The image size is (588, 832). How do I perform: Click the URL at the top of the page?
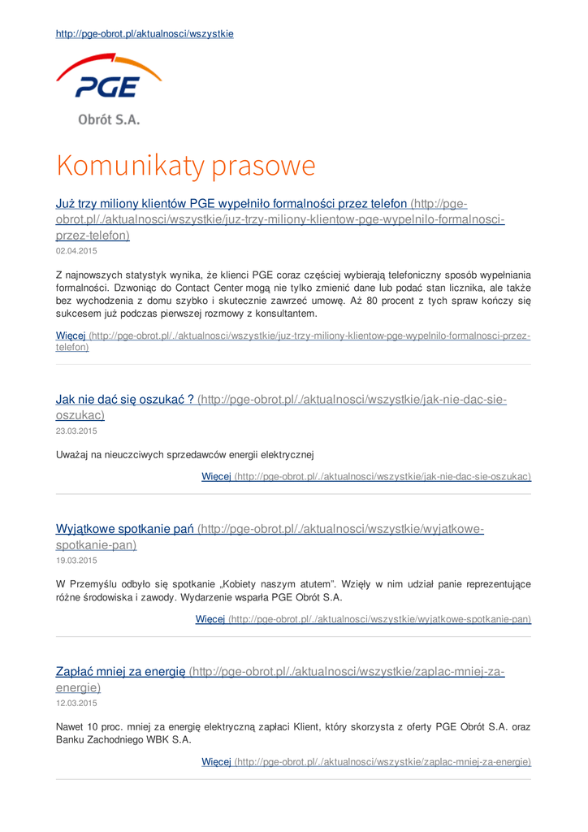click(145, 34)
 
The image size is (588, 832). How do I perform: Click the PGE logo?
click(109, 80)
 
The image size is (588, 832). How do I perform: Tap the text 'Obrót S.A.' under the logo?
click(109, 119)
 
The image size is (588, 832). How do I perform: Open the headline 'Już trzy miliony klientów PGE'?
click(231, 203)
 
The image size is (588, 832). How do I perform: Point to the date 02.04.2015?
click(76, 251)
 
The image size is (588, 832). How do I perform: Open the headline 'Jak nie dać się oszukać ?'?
click(124, 399)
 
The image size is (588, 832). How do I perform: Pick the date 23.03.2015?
click(76, 431)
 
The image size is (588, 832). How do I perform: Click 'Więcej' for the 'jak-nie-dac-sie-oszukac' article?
click(216, 476)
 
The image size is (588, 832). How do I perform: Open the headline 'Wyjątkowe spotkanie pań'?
click(124, 529)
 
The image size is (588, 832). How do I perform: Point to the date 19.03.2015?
click(76, 561)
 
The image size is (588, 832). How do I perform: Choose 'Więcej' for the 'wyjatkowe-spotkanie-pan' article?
click(210, 619)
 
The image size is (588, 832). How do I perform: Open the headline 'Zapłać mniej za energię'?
click(121, 672)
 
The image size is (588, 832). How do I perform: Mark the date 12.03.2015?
click(76, 704)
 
